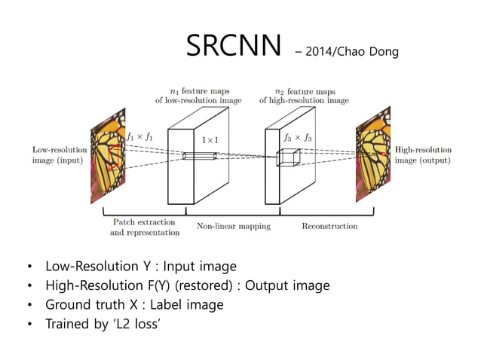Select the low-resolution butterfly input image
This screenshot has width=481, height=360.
107,158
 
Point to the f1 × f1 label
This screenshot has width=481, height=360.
139,137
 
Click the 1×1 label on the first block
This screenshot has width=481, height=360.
210,139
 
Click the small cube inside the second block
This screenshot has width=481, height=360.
288,157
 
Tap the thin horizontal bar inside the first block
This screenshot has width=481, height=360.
200,156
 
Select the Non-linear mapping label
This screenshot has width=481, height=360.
234,225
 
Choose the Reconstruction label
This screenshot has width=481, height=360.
329,225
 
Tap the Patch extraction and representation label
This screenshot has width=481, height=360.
144,227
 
